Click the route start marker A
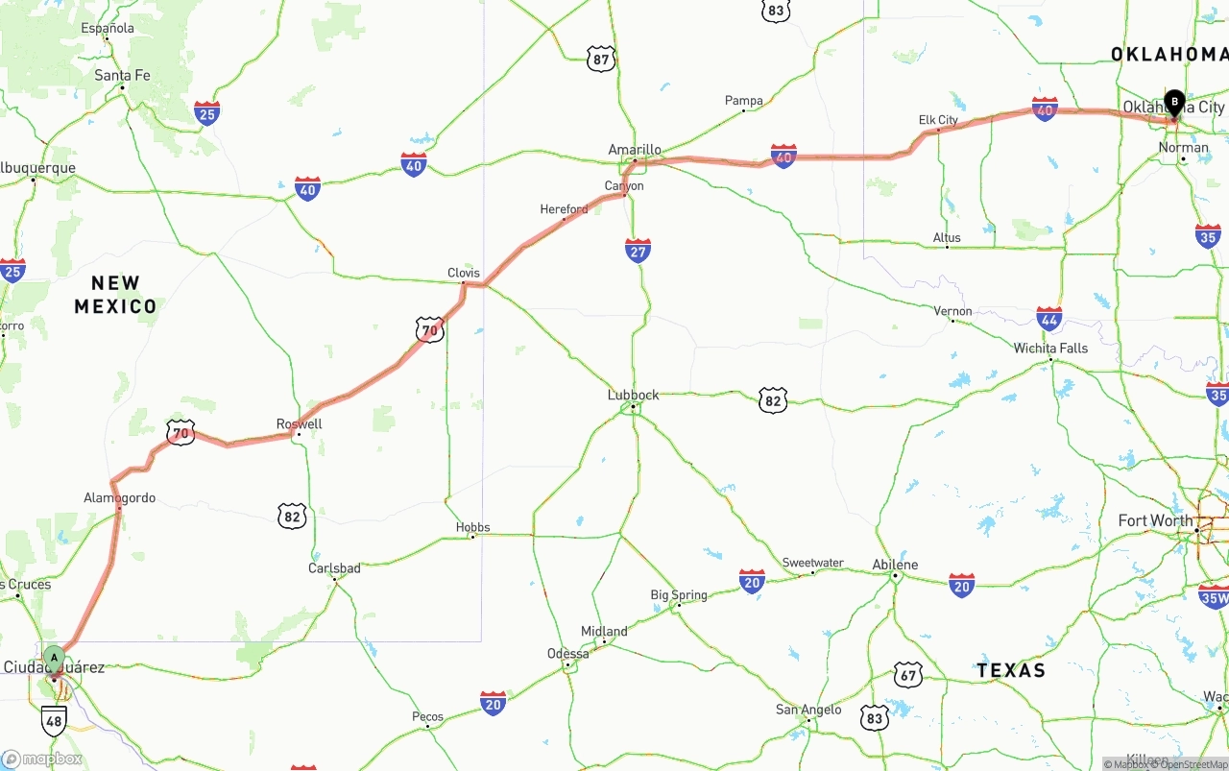[55, 660]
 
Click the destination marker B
[1173, 102]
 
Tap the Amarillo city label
[635, 150]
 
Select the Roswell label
[300, 424]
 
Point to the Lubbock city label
[633, 395]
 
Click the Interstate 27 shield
[638, 251]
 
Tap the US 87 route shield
[601, 59]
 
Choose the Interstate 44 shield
[1049, 320]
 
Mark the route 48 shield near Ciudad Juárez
[54, 720]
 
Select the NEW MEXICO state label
[116, 295]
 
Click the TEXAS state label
[1010, 670]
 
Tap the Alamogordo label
[119, 497]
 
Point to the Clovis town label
[464, 273]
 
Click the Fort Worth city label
[1155, 520]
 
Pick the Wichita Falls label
[1050, 348]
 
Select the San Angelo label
[808, 710]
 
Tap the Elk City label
[938, 120]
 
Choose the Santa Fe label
[122, 75]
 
